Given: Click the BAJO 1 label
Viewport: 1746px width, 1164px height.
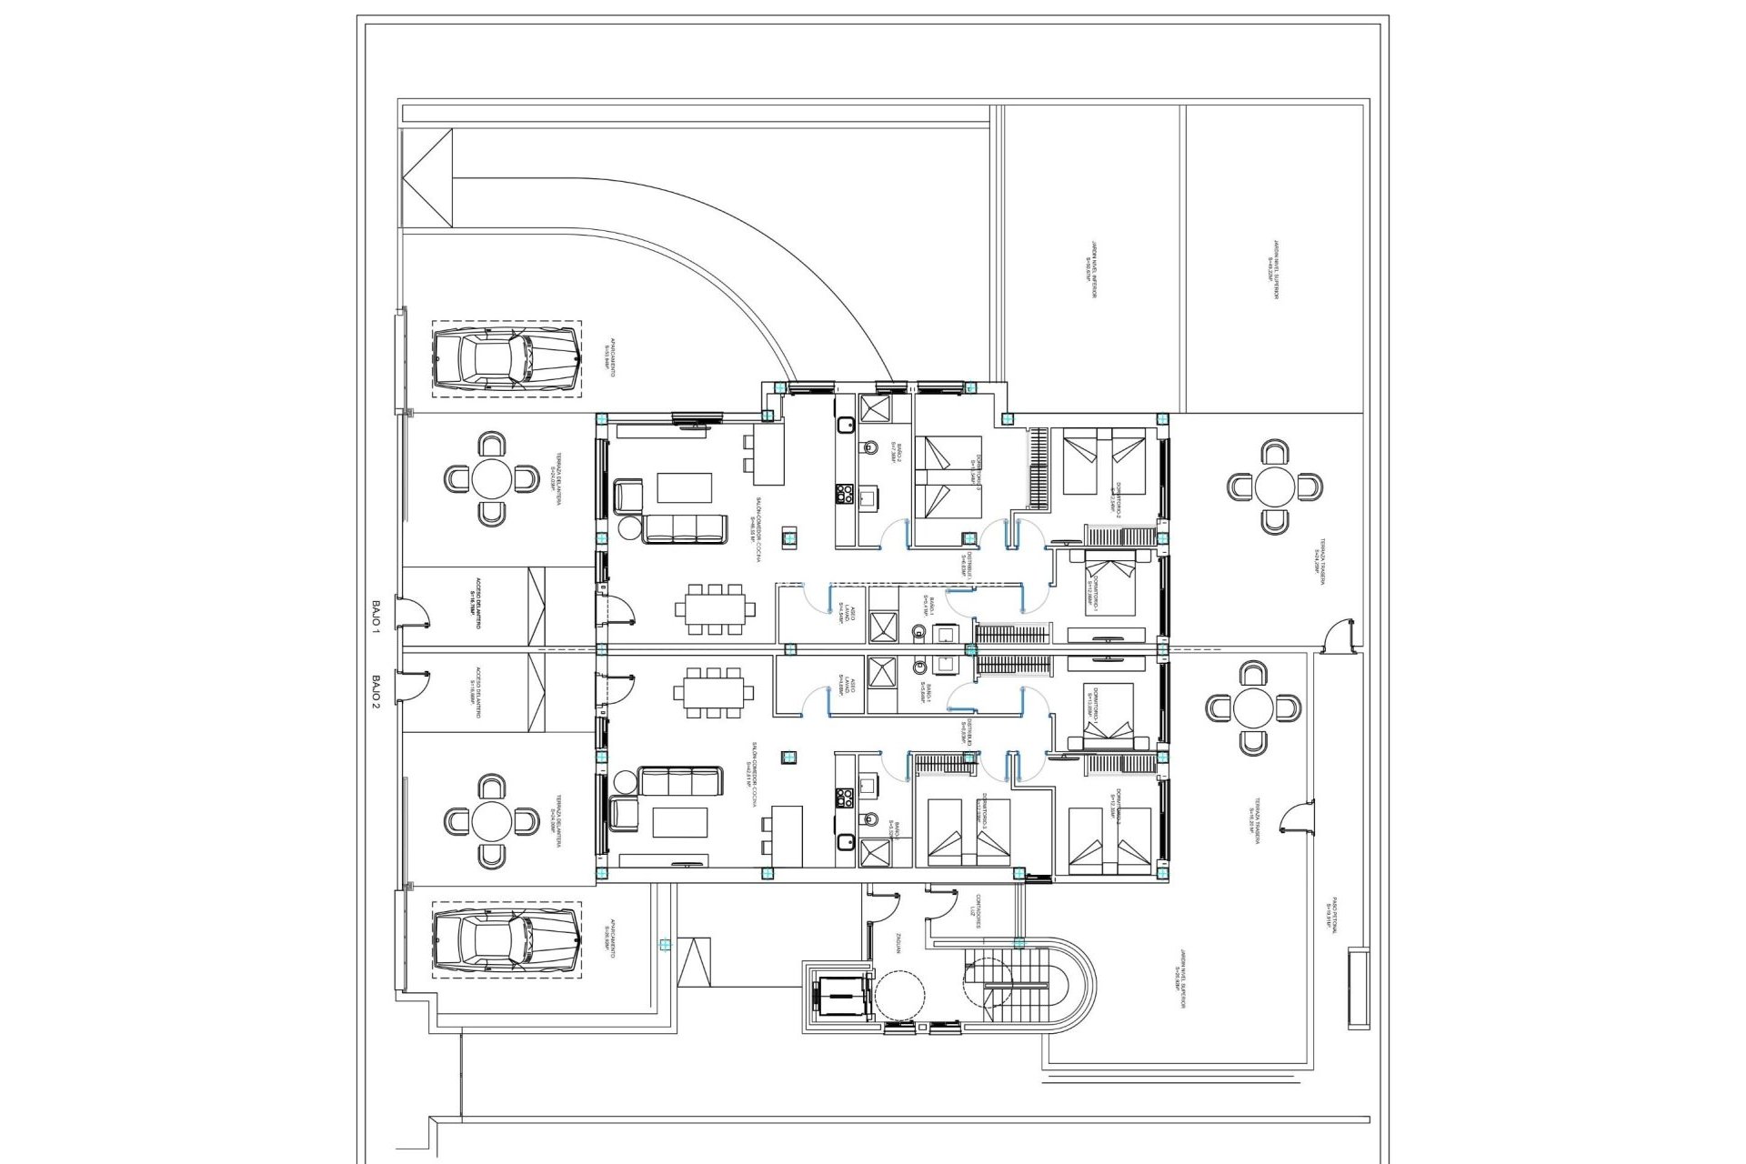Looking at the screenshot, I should (375, 615).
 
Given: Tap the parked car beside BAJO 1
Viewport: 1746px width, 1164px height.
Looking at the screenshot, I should (506, 357).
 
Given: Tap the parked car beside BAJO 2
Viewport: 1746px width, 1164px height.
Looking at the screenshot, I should (506, 940).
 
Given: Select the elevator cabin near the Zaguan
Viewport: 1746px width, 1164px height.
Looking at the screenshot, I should (838, 998).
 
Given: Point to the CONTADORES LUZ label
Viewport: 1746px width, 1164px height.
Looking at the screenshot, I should (975, 910).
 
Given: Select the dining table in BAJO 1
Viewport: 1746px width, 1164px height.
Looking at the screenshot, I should (714, 608).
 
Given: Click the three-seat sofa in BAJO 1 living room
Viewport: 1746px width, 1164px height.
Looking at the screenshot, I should (685, 528).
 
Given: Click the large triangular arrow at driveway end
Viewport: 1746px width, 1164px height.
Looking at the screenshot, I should (427, 178).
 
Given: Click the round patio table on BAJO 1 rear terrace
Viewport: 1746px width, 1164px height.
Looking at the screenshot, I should (1275, 487).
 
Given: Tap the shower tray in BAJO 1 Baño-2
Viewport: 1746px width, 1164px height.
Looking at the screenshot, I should (876, 408).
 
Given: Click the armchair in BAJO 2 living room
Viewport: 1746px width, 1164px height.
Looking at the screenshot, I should (625, 811).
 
